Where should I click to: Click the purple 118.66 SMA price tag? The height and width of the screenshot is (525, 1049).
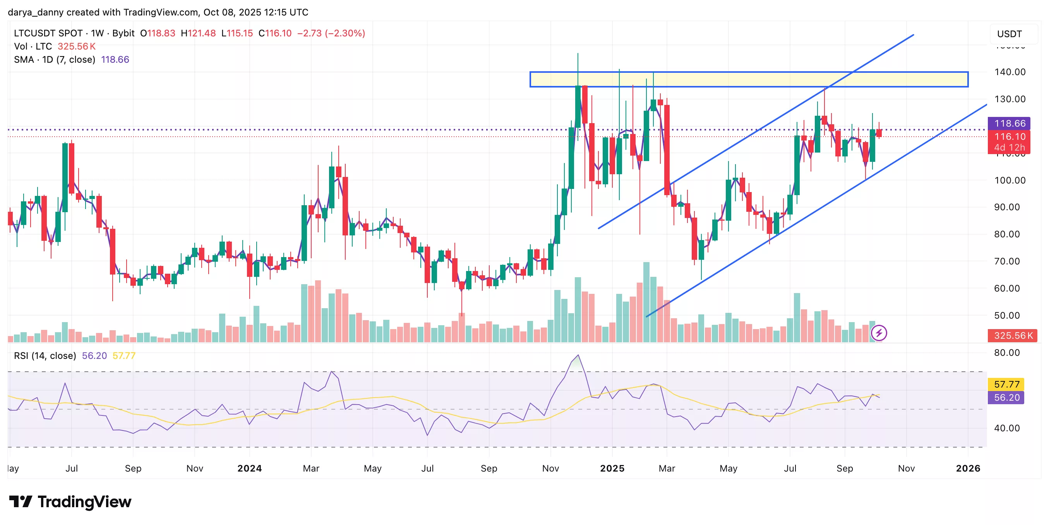pyautogui.click(x=1009, y=123)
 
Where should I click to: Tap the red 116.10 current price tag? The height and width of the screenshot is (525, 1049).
pyautogui.click(x=1009, y=136)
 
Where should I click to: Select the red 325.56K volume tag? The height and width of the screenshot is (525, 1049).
pyautogui.click(x=1012, y=335)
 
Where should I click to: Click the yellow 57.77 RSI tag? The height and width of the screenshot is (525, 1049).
pyautogui.click(x=1006, y=384)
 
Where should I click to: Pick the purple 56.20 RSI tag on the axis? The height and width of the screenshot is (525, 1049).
pyautogui.click(x=1006, y=398)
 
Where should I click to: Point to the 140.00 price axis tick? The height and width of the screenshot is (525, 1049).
pyautogui.click(x=1010, y=72)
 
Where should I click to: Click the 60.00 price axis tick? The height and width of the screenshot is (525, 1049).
pyautogui.click(x=1007, y=288)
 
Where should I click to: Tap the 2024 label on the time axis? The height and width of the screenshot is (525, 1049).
pyautogui.click(x=250, y=468)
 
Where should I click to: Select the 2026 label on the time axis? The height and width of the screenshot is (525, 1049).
pyautogui.click(x=968, y=468)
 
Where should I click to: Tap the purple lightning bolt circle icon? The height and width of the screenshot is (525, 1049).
pyautogui.click(x=879, y=333)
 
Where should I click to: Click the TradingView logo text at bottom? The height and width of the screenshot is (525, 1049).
pyautogui.click(x=84, y=502)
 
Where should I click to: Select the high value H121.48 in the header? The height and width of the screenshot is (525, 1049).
pyautogui.click(x=198, y=33)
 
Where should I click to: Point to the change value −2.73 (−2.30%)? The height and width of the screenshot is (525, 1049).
pyautogui.click(x=331, y=33)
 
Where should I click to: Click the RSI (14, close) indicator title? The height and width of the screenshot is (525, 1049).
pyautogui.click(x=45, y=355)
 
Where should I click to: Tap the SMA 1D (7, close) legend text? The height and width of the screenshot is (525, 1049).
pyautogui.click(x=55, y=60)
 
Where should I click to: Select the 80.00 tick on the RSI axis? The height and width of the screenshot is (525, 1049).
pyautogui.click(x=1007, y=353)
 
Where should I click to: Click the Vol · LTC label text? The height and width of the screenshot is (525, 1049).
pyautogui.click(x=33, y=46)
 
